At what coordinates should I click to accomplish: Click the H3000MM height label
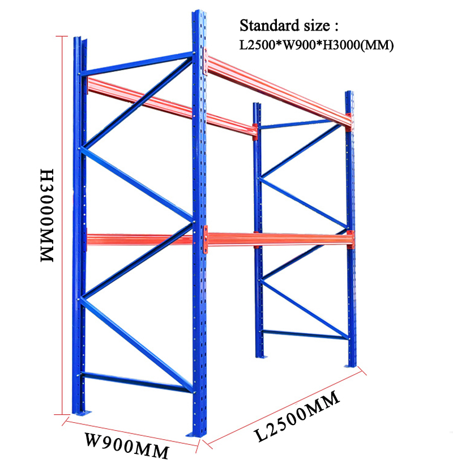(46, 214)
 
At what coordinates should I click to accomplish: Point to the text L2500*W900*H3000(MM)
(316, 45)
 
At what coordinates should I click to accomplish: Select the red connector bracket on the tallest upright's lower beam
(205, 237)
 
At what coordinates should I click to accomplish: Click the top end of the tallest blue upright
(197, 14)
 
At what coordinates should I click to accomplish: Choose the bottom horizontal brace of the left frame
(136, 381)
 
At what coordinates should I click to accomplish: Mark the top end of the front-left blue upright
(76, 41)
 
